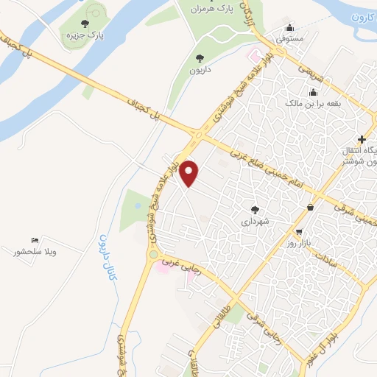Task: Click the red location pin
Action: coord(191,173)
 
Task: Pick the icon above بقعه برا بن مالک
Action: coord(314,93)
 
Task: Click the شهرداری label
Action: coord(256,220)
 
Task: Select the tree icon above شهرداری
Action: coord(256,208)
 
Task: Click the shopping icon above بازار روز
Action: coord(310,208)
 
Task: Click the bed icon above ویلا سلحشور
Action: coord(35,241)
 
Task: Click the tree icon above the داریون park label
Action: coord(199,57)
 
